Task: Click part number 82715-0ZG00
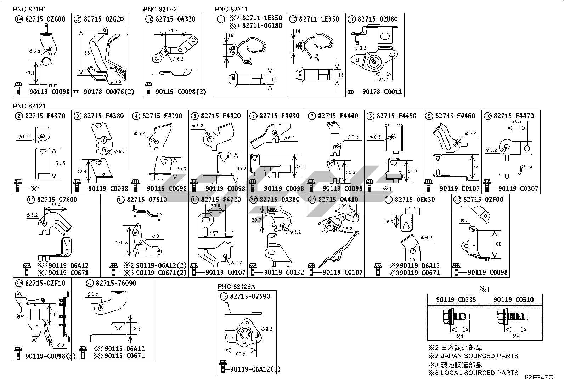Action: [x=45, y=19]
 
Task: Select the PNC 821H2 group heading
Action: [x=160, y=9]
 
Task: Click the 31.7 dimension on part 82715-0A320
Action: [x=173, y=31]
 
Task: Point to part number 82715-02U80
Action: [x=378, y=19]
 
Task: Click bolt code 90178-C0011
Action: [x=382, y=92]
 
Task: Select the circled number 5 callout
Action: [x=194, y=116]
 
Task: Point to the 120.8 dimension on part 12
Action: [x=122, y=242]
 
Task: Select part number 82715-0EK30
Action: [x=414, y=200]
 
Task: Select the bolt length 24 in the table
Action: [x=460, y=336]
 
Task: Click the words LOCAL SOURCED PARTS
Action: [x=479, y=373]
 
